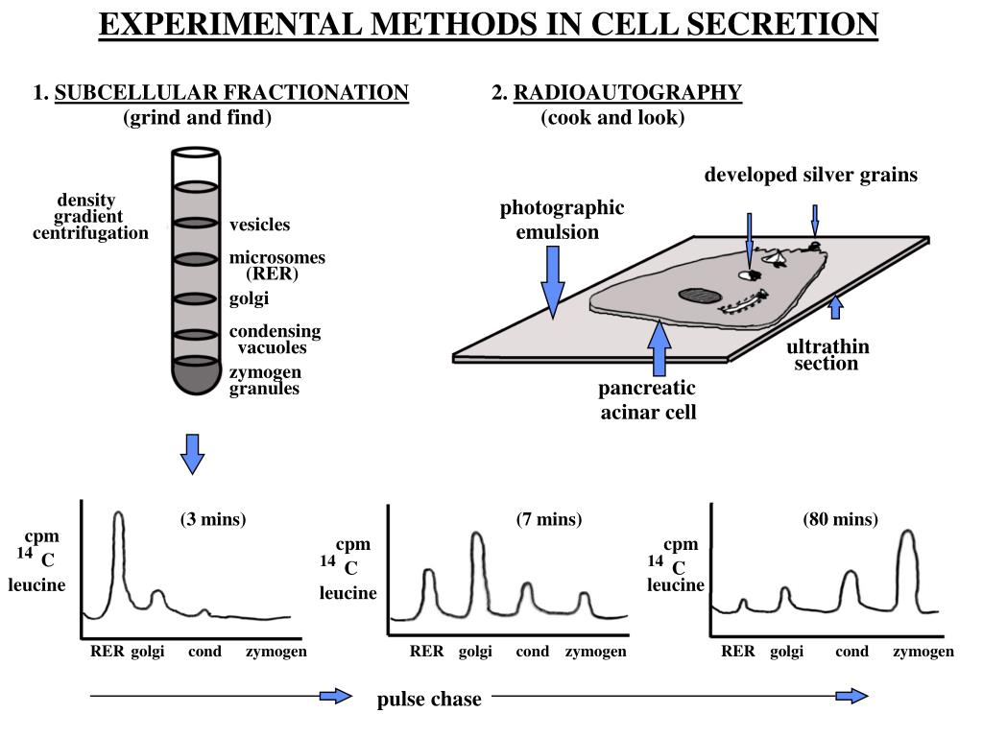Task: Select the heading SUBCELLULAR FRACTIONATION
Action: coord(232,93)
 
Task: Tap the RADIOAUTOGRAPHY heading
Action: coord(628,93)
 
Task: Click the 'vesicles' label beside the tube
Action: coord(259,225)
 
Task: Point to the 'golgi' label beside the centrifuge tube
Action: coord(249,298)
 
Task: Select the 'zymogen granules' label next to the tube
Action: coord(265,381)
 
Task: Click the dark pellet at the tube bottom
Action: coord(195,377)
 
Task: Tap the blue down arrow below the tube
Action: coord(193,454)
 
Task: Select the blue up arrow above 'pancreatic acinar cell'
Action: coord(659,349)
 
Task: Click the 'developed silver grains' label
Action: coord(811,175)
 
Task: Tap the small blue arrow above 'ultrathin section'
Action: coord(835,306)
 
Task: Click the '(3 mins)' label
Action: coord(213,519)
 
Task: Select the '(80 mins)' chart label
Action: coord(841,519)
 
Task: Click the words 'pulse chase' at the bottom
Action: coord(429,700)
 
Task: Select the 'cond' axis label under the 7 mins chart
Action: coord(532,652)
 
